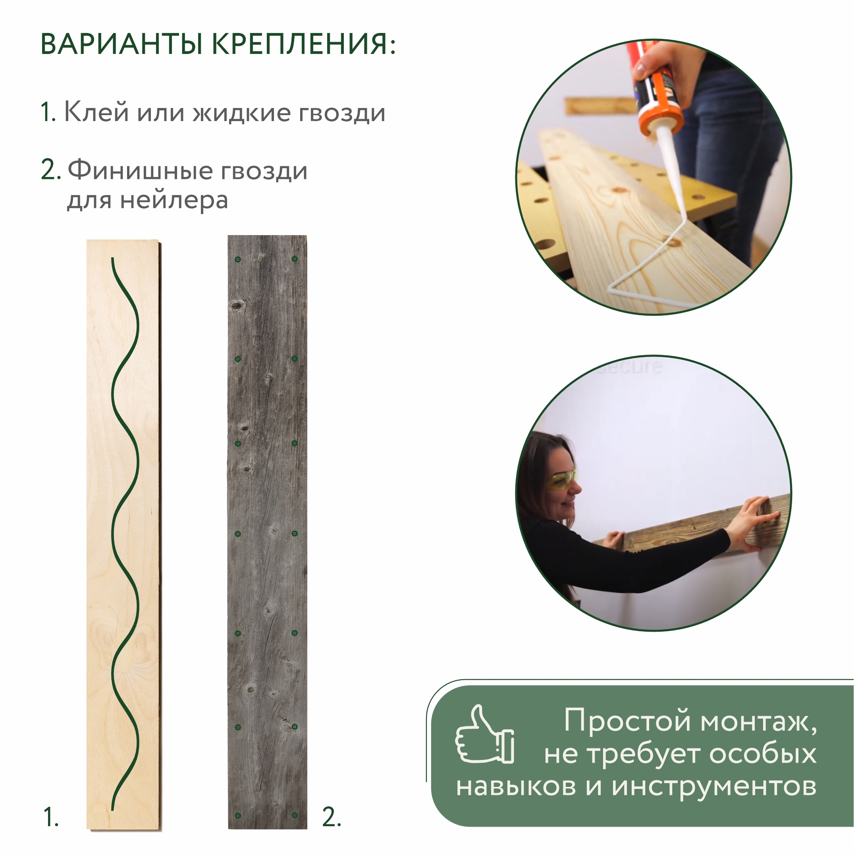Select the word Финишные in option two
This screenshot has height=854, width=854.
pos(140,171)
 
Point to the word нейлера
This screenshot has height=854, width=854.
pos(174,200)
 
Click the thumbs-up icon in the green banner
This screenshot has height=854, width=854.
pos(485,736)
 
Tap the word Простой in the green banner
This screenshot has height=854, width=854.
pos(627,720)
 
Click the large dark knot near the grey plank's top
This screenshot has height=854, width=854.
pos(237,305)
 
